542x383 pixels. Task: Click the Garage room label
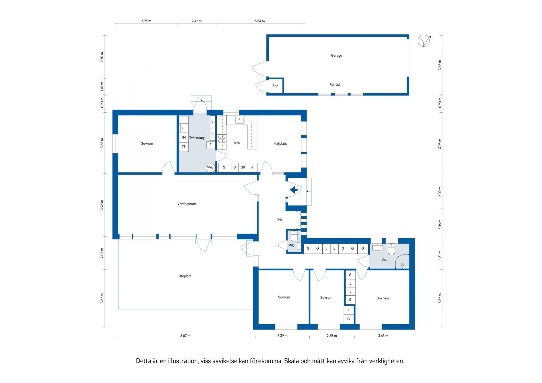tap(336, 56)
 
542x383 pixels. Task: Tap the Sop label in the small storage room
tap(275, 86)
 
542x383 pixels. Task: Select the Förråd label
tap(335, 85)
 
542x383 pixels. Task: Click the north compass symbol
tap(424, 41)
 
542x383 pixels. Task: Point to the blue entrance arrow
tap(294, 190)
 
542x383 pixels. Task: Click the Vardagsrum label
tap(187, 204)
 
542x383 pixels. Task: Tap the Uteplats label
tap(185, 276)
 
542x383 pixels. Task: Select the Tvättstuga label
tap(197, 138)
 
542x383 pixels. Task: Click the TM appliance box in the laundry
tap(184, 138)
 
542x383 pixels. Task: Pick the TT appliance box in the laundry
tap(184, 147)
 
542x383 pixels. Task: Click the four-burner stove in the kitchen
tap(222, 139)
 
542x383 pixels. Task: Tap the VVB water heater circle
tap(210, 167)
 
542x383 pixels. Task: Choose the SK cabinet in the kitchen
tap(243, 167)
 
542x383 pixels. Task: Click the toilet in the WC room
tap(294, 236)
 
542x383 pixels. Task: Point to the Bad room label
tap(384, 259)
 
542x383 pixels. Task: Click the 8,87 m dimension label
tap(185, 336)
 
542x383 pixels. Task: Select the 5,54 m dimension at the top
tap(260, 21)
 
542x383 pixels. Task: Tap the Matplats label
tap(280, 144)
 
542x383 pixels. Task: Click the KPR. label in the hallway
tap(279, 220)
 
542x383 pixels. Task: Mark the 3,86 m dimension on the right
tap(440, 65)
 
